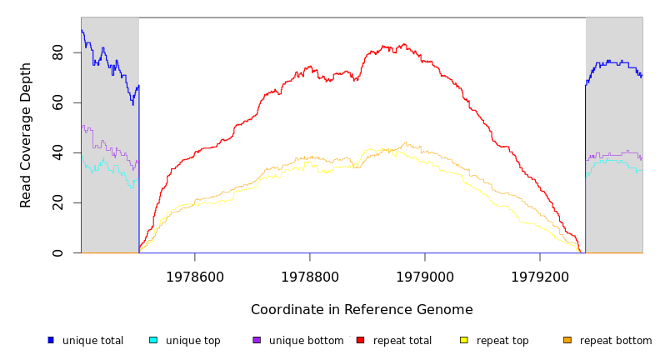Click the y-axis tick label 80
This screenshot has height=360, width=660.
[x=57, y=52]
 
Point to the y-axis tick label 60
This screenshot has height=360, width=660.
[x=57, y=102]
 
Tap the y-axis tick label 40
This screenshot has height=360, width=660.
[x=57, y=152]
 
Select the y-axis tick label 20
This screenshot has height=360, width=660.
[x=57, y=202]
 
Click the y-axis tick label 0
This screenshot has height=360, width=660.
[x=57, y=252]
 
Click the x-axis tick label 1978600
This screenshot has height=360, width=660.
[x=195, y=277]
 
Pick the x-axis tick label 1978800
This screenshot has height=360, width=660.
[x=310, y=277]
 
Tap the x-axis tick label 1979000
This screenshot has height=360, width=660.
[x=425, y=277]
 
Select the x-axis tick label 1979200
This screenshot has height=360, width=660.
[x=540, y=277]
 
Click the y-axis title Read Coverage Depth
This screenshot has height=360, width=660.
[x=26, y=135]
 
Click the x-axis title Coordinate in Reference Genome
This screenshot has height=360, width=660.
[x=362, y=310]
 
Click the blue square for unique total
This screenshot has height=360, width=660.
[x=50, y=340]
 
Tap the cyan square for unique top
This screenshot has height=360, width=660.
[x=153, y=340]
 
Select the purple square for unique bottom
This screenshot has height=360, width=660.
[x=257, y=340]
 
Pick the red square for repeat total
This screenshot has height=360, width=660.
[x=360, y=340]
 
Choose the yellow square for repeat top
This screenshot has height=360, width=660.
[x=463, y=340]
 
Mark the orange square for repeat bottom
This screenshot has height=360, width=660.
[x=567, y=340]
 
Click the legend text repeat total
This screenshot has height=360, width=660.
[x=402, y=341]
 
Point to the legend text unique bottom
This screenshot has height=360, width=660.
[x=306, y=341]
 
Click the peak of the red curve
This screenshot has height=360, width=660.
[x=404, y=44]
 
